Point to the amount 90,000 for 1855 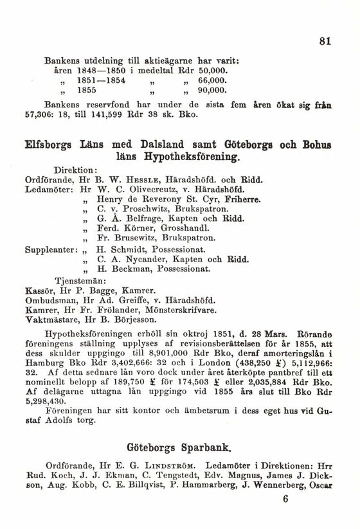click(x=211, y=91)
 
